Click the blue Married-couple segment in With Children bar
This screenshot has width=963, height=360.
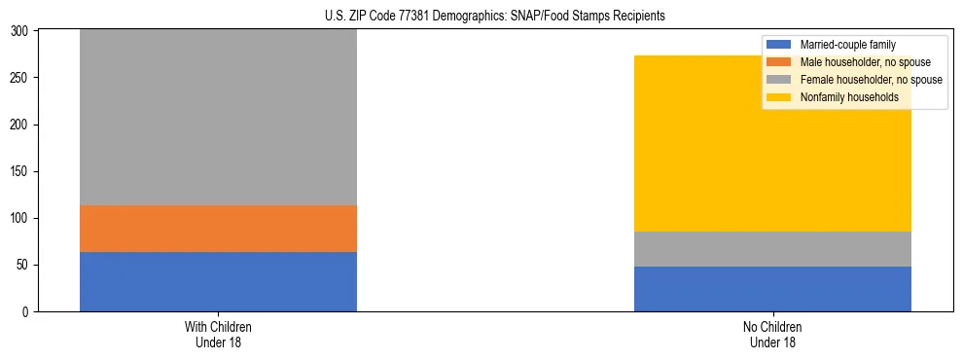pyautogui.click(x=218, y=281)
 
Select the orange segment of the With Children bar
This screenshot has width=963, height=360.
pyautogui.click(x=218, y=229)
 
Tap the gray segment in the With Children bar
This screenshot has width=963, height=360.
pyautogui.click(x=218, y=117)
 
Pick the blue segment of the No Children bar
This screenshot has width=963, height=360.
pyautogui.click(x=772, y=289)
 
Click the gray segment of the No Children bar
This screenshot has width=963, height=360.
pyautogui.click(x=772, y=249)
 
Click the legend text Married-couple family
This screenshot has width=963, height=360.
pyautogui.click(x=847, y=45)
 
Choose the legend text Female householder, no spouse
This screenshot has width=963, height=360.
pyautogui.click(x=871, y=80)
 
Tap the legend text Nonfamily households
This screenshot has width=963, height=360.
pyautogui.click(x=848, y=97)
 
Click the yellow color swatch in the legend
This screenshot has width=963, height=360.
pyautogui.click(x=779, y=97)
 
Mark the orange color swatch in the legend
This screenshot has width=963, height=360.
pyautogui.click(x=779, y=62)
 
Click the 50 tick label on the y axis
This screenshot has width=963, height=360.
pyautogui.click(x=22, y=266)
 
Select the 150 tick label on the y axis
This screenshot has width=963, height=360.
pyautogui.click(x=19, y=172)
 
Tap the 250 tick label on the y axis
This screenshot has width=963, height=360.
pyautogui.click(x=19, y=78)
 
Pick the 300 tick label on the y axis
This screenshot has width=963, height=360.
pyautogui.click(x=19, y=31)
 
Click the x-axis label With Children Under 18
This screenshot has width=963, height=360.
pyautogui.click(x=218, y=335)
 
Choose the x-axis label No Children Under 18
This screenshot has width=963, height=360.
pyautogui.click(x=772, y=335)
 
